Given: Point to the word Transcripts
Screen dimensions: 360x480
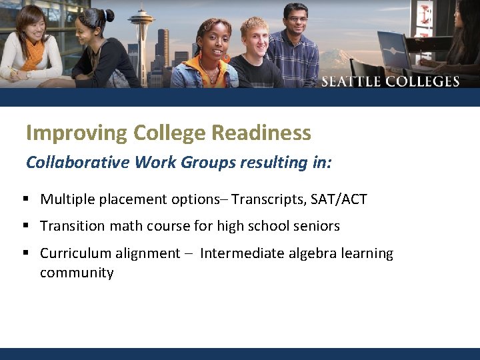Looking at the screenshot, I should [268, 199].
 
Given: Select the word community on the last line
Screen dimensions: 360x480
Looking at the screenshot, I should [77, 273].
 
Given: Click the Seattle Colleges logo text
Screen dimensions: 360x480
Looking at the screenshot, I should [391, 81].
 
